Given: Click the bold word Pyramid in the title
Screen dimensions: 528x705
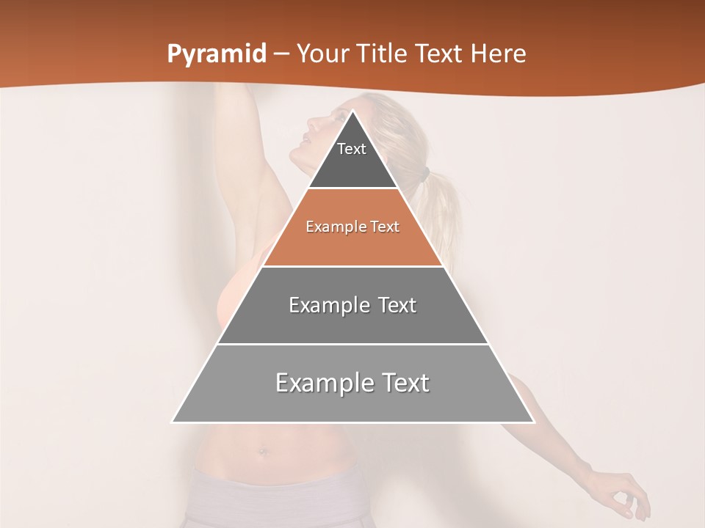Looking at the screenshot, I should point(217,54).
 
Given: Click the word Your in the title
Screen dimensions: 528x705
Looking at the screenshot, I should point(322,54).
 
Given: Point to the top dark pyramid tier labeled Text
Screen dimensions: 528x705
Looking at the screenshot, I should point(352,158).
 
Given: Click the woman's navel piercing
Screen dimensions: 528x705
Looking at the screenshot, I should point(263,452).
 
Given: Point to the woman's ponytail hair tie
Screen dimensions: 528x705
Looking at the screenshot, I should point(424,176).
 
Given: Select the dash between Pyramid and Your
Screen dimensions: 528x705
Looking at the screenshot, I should point(281,54).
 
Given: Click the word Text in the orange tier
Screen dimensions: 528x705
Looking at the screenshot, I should point(384,227).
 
